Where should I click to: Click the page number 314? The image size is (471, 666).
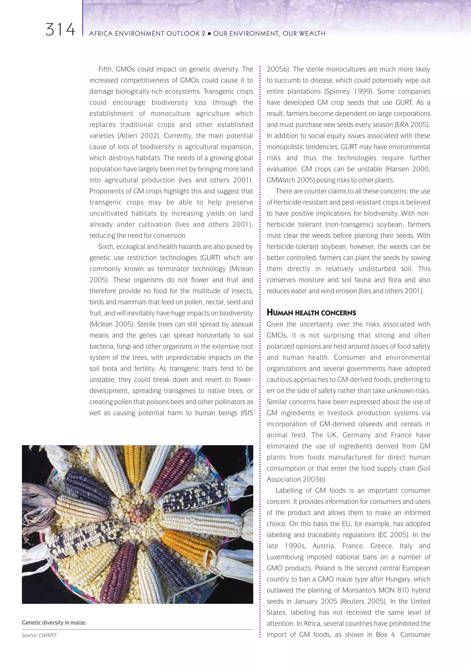[x=60, y=30]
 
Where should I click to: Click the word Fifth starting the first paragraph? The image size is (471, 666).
[x=106, y=69]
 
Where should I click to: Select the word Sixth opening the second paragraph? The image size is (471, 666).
[x=106, y=247]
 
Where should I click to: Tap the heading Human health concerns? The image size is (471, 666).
[x=311, y=313]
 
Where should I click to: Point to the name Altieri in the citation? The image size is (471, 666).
[x=128, y=136]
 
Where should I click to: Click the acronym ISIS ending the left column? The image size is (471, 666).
[x=247, y=413]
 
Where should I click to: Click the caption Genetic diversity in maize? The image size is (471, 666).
[x=54, y=623]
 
